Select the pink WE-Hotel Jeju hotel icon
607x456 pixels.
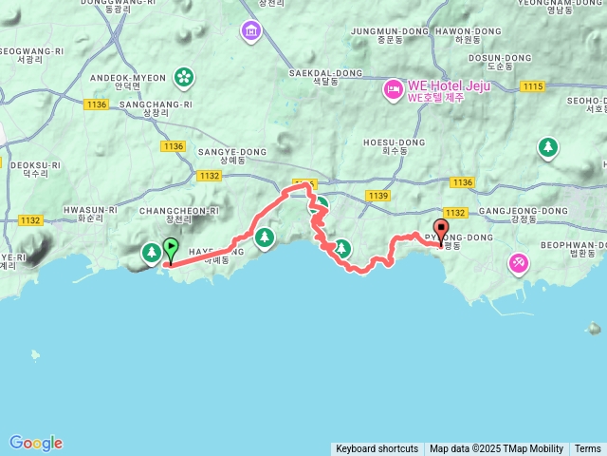[393, 90]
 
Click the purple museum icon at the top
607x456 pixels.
[250, 31]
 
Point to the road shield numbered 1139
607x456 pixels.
[377, 196]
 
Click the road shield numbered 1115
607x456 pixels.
[532, 86]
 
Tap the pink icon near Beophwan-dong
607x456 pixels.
[519, 262]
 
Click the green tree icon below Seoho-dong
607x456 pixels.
[547, 147]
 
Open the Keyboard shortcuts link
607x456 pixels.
[377, 448]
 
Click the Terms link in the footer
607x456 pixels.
[587, 448]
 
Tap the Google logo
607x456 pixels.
[36, 443]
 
